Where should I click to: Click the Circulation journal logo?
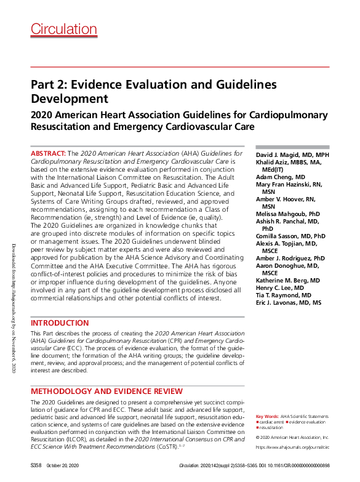coord(64,29)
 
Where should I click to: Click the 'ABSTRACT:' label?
coord(48,153)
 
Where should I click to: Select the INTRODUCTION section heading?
coord(60,323)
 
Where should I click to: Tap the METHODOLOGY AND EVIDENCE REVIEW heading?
coord(106,391)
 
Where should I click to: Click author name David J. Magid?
coord(292,154)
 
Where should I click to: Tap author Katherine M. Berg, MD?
coord(287,280)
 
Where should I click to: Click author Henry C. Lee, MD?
coord(280,287)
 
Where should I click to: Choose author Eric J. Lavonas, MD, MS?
coord(288,302)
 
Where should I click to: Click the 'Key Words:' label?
coord(266,417)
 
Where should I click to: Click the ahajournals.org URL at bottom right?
coord(292,448)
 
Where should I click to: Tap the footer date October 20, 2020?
coord(62,467)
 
